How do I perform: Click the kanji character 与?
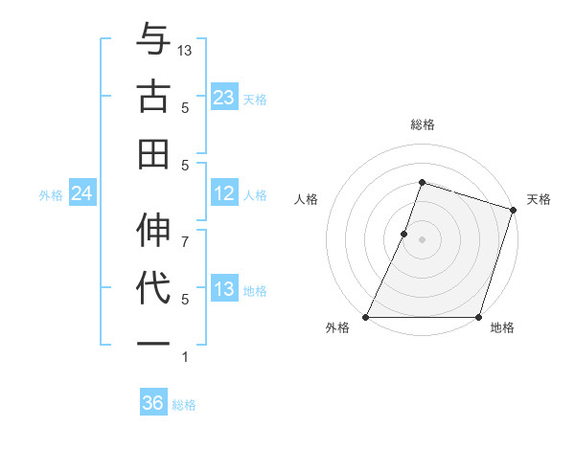coord(153,41)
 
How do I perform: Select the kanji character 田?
coord(153,152)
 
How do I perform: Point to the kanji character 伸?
coord(153,232)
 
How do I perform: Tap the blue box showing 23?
coord(223,97)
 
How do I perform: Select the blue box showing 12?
coord(223,194)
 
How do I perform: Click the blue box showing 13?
coord(223,290)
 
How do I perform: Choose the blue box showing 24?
coord(81,194)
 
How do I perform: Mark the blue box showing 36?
coord(152,403)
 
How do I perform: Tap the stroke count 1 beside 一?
coord(185,357)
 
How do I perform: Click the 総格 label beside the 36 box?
coord(185,405)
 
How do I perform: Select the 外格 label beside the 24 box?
coord(51,195)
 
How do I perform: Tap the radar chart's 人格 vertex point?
coord(404,234)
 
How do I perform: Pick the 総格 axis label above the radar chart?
coord(422,124)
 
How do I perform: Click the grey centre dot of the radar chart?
coord(422,239)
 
